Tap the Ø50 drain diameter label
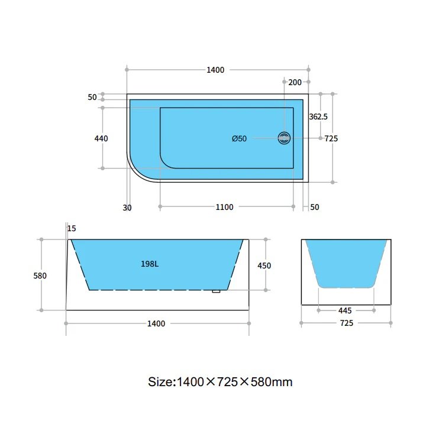click(x=240, y=139)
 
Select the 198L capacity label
click(x=150, y=264)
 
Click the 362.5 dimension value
click(x=318, y=116)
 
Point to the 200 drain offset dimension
click(x=295, y=82)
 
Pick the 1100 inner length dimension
click(x=224, y=207)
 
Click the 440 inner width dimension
click(x=101, y=138)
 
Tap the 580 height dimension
click(x=40, y=276)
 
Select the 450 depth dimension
click(x=264, y=266)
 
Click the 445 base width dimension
click(x=345, y=310)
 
